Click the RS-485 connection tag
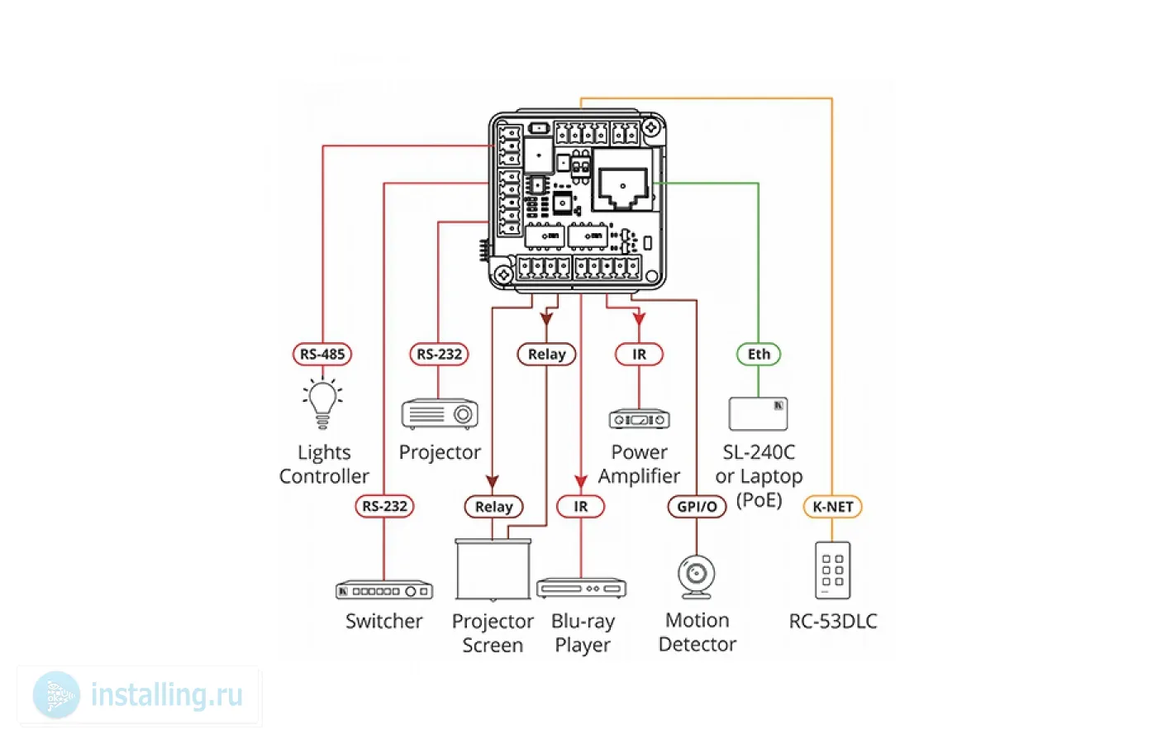322,355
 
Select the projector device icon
440,413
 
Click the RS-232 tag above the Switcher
384,506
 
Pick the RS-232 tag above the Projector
439,355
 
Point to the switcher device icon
384,591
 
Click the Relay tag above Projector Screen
493,506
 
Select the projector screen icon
493,570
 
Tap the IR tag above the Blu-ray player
581,506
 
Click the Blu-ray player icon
581,589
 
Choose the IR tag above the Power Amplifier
639,355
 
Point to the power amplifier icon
639,419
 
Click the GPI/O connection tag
697,506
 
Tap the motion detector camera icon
697,575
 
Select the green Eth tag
759,355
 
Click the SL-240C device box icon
758,413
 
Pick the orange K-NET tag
832,507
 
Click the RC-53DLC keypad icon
832,570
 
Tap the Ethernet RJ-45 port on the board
623,188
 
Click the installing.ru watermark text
166,695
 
